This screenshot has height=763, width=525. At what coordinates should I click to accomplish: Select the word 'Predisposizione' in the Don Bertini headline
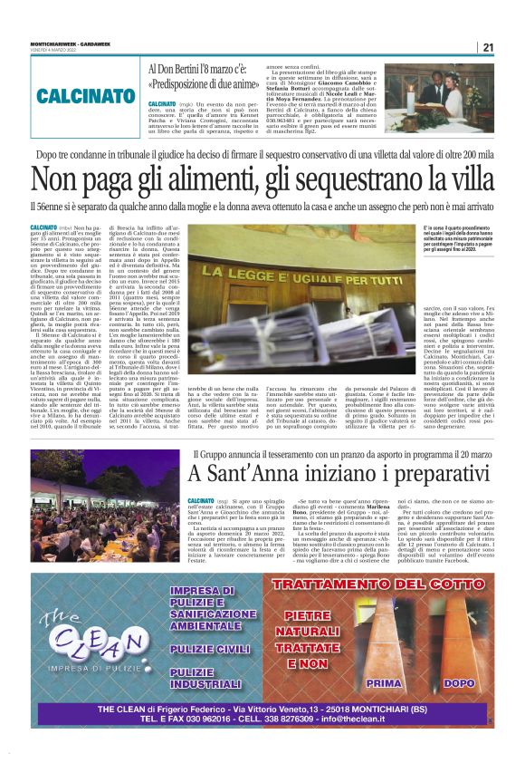point(197,82)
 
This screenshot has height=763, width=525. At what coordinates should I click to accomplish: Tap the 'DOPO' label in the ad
point(459,682)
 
